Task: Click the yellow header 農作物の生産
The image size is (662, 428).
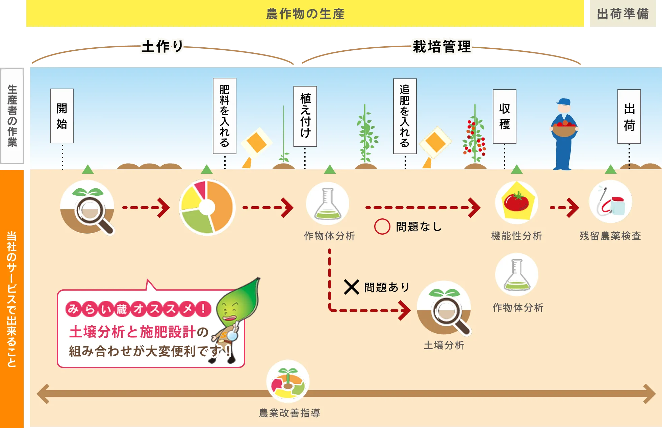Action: point(305,14)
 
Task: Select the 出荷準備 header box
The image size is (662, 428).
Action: point(622,14)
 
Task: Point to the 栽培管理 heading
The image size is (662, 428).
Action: point(441,46)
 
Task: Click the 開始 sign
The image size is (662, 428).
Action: point(62,116)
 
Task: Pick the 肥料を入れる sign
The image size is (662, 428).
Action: point(225,116)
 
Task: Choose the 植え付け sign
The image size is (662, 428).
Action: point(305,116)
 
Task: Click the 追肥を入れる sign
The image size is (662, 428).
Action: point(405,116)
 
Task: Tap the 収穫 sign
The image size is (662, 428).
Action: point(504,116)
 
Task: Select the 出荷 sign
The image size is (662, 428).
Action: point(629,116)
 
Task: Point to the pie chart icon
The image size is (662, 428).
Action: point(207,207)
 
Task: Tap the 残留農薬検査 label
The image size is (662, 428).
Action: point(610,236)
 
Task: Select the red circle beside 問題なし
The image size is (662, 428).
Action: point(382,227)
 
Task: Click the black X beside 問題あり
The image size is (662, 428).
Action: point(351,287)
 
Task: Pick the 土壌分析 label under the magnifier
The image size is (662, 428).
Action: point(444,345)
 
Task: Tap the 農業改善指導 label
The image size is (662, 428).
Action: point(289,413)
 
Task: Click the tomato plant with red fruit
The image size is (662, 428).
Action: point(475,139)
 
